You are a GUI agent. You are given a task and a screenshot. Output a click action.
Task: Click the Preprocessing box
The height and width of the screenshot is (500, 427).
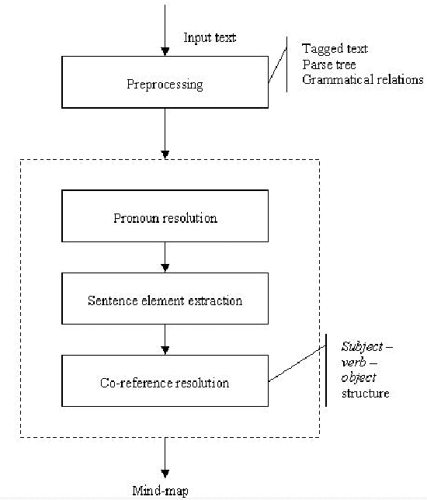[165, 84]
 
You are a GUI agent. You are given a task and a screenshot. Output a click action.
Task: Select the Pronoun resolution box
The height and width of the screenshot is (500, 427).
[165, 217]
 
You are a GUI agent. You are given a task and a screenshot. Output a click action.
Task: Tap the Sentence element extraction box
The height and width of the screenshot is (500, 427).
[165, 299]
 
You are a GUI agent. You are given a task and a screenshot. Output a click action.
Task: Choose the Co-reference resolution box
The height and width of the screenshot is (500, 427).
[165, 383]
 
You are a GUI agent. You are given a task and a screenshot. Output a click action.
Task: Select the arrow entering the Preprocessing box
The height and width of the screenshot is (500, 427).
[165, 31]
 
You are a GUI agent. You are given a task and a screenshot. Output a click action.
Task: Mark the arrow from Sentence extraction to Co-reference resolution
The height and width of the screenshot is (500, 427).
[165, 339]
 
